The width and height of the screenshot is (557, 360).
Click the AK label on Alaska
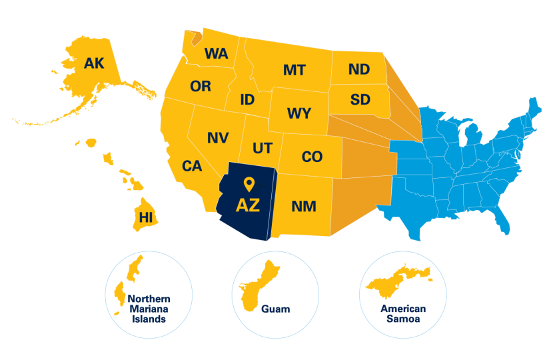point(95,63)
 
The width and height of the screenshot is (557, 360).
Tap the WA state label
point(216,53)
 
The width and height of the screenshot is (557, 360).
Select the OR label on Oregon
point(201,86)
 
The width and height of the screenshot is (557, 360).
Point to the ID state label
point(247,100)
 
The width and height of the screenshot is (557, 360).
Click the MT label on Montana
point(294,70)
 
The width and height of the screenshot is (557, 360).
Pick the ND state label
point(359,69)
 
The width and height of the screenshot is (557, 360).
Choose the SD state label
point(360,100)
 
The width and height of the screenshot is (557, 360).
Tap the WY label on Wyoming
point(298,113)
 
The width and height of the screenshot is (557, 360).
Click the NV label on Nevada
point(218,138)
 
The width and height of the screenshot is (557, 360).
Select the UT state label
point(261,147)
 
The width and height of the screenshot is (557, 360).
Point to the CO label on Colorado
point(312,157)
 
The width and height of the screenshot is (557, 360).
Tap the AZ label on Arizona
point(248,205)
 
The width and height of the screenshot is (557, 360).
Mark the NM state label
point(304,207)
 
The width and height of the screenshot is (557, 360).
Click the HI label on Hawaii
point(145,217)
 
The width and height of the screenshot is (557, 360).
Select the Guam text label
point(275,309)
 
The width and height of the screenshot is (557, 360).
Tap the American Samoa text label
point(402,314)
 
